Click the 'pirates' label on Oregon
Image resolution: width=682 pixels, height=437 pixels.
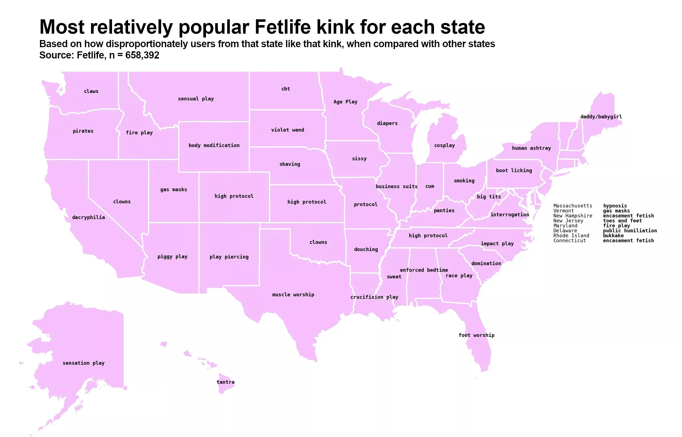pyautogui.click(x=83, y=131)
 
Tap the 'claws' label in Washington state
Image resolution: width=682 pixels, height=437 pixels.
pyautogui.click(x=91, y=91)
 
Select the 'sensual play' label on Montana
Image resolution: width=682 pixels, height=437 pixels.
pyautogui.click(x=196, y=99)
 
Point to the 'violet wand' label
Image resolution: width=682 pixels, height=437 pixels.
pyautogui.click(x=287, y=130)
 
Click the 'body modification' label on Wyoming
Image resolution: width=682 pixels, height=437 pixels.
pyautogui.click(x=214, y=145)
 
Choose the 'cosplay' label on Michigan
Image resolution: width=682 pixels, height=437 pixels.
pyautogui.click(x=444, y=145)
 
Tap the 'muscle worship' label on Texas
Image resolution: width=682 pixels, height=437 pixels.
pyautogui.click(x=293, y=295)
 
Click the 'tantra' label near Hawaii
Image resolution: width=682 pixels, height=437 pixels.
pyautogui.click(x=225, y=382)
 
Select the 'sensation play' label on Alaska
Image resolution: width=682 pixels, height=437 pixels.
pyautogui.click(x=83, y=363)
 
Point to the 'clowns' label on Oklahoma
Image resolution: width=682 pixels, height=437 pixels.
pyautogui.click(x=318, y=242)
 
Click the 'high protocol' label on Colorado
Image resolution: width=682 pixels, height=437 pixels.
pyautogui.click(x=234, y=196)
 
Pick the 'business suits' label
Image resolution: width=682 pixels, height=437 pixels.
pyautogui.click(x=396, y=186)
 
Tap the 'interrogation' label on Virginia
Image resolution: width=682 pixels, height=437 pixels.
pyautogui.click(x=510, y=215)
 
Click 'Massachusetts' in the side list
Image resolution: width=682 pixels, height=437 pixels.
pyautogui.click(x=572, y=206)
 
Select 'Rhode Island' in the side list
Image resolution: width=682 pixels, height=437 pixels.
pyautogui.click(x=571, y=236)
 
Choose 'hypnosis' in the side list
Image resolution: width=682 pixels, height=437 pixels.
pyautogui.click(x=615, y=206)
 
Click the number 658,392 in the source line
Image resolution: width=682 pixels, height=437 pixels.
pyautogui.click(x=142, y=55)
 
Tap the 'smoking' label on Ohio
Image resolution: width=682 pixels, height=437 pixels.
pyautogui.click(x=464, y=181)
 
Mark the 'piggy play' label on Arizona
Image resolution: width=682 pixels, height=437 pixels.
pyautogui.click(x=172, y=257)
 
